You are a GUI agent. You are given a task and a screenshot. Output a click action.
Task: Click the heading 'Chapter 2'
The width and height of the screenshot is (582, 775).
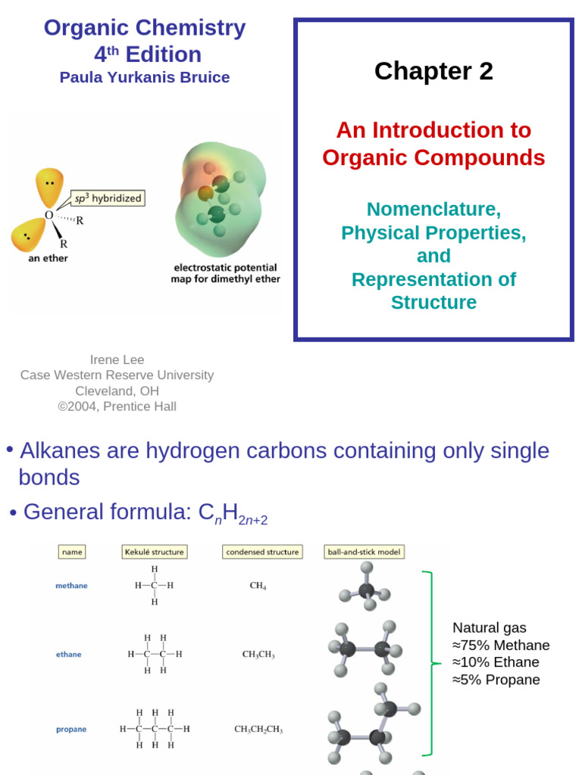click(x=433, y=71)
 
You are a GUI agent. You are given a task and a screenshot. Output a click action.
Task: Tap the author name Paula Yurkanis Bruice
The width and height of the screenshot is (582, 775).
click(x=145, y=77)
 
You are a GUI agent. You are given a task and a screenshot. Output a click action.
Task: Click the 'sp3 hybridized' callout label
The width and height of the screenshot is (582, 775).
click(x=107, y=199)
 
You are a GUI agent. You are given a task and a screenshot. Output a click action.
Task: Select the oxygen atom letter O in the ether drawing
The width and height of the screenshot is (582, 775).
click(x=48, y=216)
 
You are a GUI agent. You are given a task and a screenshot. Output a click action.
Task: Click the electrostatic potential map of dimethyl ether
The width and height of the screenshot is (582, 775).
click(x=219, y=198)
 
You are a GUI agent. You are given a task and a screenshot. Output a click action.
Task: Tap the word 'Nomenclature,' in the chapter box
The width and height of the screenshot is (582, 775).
click(x=433, y=209)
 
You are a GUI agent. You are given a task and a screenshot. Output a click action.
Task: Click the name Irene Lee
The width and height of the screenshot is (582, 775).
click(x=117, y=359)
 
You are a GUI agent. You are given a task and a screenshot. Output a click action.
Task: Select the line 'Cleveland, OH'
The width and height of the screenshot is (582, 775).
click(x=117, y=391)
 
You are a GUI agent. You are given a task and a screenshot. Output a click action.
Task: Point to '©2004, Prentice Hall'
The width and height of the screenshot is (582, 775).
click(x=117, y=406)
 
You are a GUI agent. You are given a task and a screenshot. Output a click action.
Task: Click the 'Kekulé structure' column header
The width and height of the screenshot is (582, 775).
click(x=153, y=552)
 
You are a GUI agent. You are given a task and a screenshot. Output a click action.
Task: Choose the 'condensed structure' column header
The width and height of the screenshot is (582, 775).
click(x=262, y=552)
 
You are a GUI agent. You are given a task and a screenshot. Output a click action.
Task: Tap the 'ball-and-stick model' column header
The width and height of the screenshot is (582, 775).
click(x=364, y=552)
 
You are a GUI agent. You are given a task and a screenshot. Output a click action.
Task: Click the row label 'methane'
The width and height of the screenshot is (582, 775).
click(x=71, y=585)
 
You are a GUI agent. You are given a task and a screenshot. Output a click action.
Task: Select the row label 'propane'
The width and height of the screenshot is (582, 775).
click(x=71, y=730)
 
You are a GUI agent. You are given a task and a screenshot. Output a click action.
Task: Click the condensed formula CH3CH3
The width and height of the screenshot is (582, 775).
click(x=258, y=655)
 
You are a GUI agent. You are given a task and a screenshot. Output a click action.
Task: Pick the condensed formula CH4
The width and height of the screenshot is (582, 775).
click(x=258, y=585)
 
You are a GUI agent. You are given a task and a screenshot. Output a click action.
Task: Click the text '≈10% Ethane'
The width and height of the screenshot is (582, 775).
click(x=496, y=662)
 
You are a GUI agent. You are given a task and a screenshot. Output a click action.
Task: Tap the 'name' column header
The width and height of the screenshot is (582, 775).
click(x=72, y=552)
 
